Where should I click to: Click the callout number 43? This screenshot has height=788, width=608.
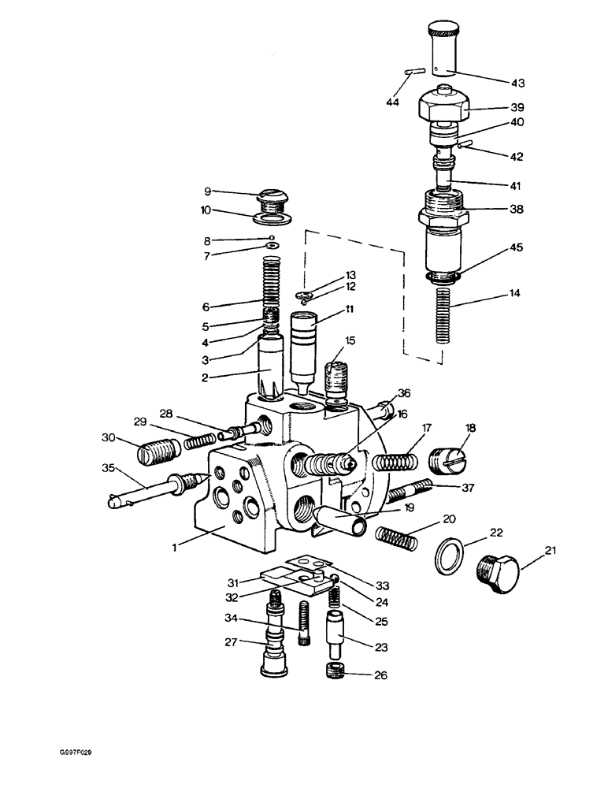tap(517, 83)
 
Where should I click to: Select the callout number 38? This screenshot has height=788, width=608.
tap(516, 210)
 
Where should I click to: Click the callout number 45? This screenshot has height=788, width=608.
tap(515, 247)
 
